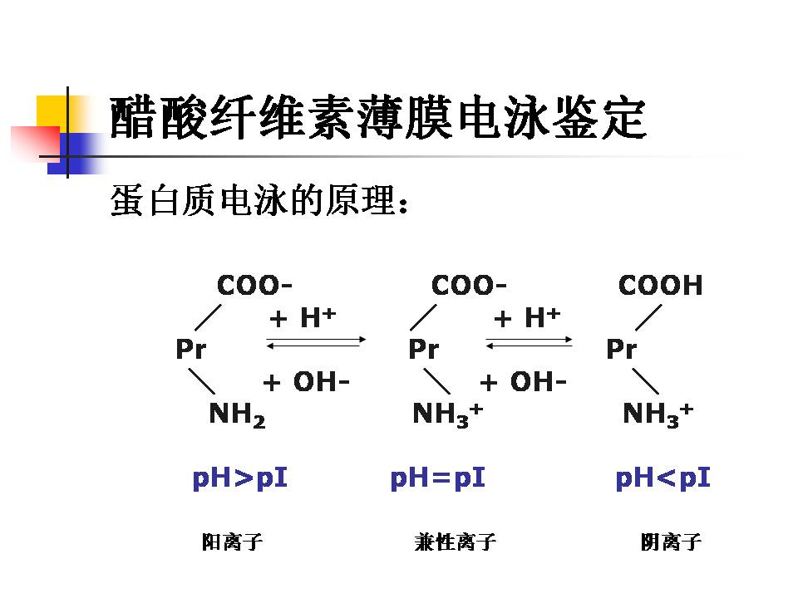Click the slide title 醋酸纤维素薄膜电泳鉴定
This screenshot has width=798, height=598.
point(378,119)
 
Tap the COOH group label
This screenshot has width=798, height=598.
point(660,286)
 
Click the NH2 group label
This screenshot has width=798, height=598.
point(237,414)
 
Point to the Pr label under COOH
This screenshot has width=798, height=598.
point(621,350)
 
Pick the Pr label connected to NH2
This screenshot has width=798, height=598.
point(190,350)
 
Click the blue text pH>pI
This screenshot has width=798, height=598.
point(239,478)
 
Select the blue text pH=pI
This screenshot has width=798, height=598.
point(437,478)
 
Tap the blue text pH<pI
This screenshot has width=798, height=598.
point(663,478)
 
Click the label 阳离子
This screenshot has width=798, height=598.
point(232,543)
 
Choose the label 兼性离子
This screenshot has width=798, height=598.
point(455,543)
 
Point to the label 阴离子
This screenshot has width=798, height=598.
point(671,543)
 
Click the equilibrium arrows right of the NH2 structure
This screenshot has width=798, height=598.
point(316,341)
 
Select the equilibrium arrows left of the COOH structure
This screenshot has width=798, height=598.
point(530,341)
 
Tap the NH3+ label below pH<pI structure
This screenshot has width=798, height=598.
point(658,413)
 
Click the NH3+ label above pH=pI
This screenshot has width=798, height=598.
point(447,413)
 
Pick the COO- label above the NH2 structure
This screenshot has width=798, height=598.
point(254,286)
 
